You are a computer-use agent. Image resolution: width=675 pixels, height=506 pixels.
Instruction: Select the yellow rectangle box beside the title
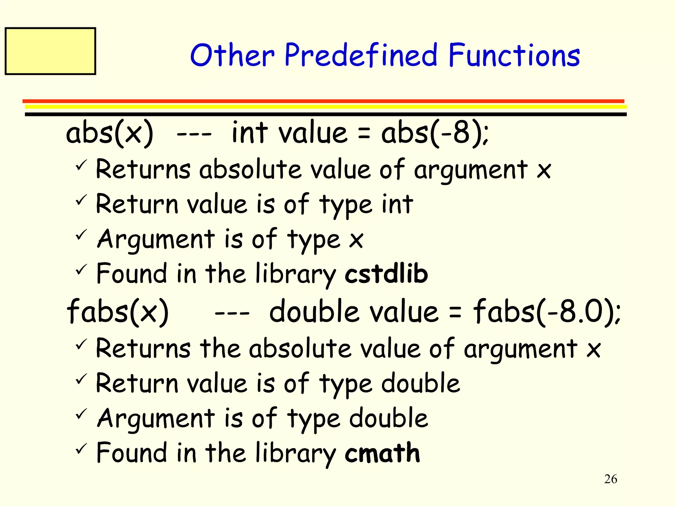[50, 51]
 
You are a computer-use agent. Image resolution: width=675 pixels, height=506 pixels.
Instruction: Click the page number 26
[610, 479]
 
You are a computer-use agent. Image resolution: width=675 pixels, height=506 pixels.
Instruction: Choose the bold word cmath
[382, 453]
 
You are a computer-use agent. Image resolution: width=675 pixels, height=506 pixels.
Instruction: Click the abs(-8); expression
[435, 133]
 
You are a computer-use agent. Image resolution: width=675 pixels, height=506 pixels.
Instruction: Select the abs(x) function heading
[110, 133]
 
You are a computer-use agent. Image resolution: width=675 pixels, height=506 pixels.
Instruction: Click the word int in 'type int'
[397, 204]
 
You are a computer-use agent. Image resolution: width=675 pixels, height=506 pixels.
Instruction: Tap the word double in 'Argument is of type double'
[389, 418]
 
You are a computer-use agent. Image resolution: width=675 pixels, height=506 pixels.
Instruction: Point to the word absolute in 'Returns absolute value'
[250, 169]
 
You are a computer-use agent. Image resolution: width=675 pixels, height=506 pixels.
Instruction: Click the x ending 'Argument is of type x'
[356, 240]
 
